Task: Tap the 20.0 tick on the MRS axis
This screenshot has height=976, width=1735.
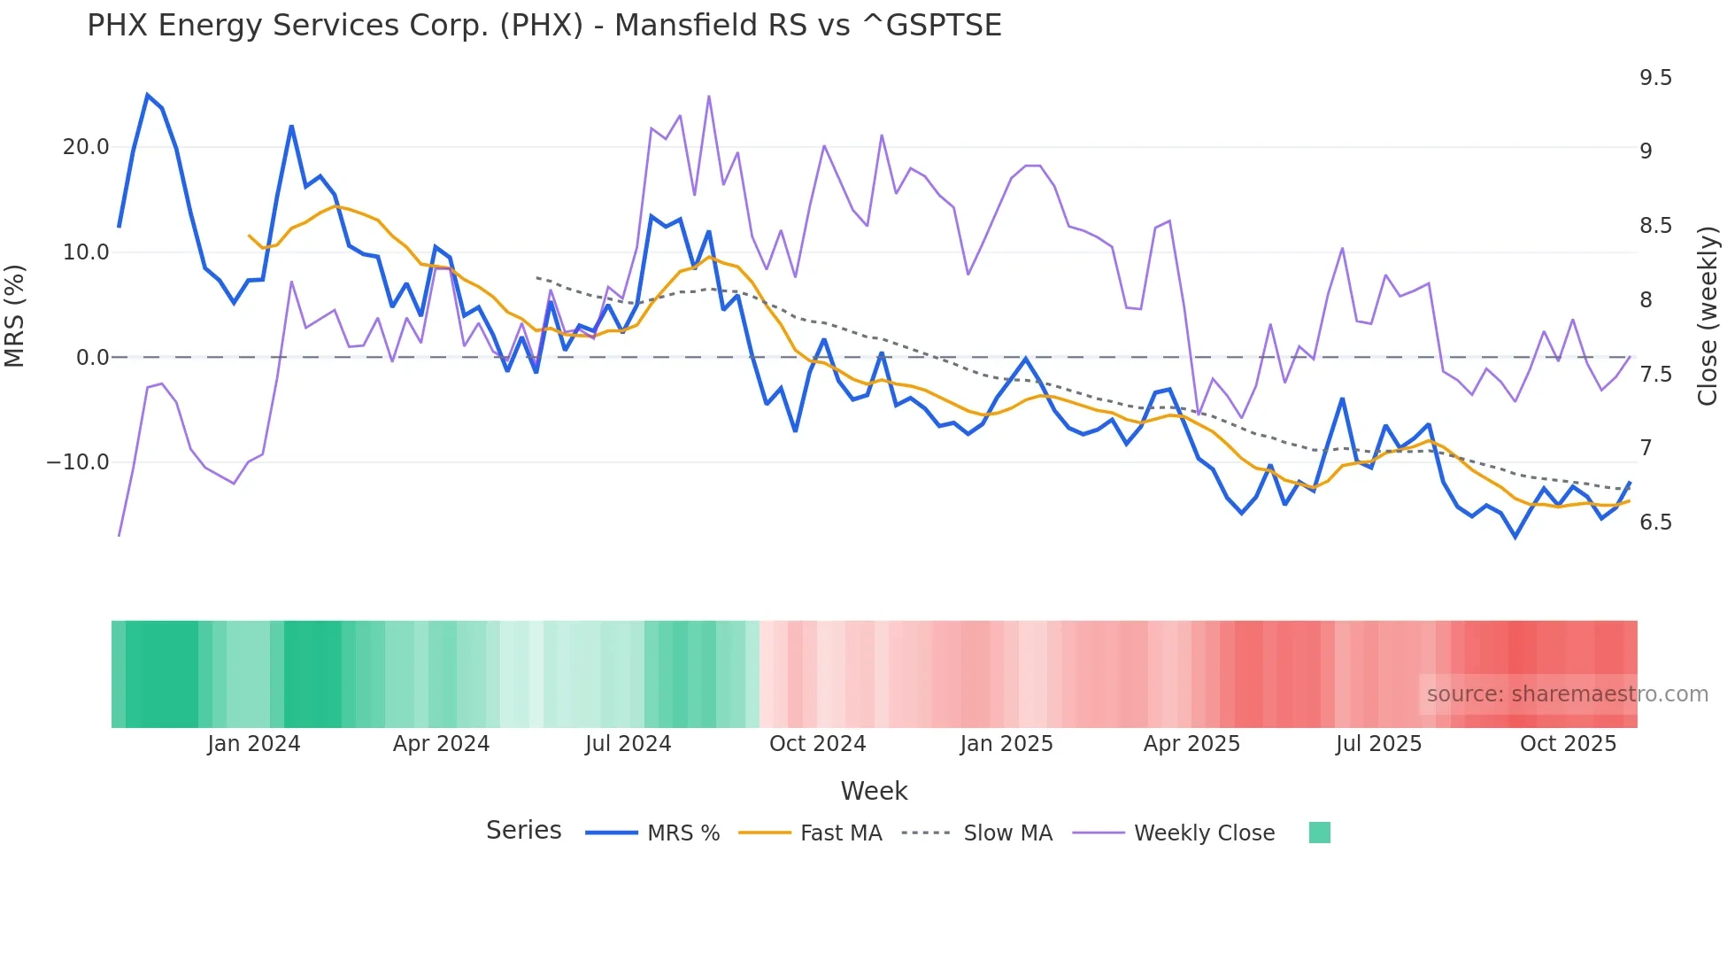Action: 86,147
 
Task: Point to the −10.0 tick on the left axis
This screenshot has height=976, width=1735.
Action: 78,462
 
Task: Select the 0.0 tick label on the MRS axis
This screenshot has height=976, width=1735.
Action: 92,358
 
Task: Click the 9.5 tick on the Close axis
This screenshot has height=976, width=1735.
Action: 1655,78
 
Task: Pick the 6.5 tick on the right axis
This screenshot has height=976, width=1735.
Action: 1655,523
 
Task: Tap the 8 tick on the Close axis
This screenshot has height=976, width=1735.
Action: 1646,300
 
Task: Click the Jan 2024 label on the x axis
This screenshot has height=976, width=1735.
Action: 254,744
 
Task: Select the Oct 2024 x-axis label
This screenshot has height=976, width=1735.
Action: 817,744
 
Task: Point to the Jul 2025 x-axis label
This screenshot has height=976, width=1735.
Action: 1378,744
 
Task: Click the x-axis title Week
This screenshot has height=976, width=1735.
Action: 874,791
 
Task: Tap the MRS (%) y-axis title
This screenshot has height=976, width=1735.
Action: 15,315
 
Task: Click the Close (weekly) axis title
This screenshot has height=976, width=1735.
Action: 1708,315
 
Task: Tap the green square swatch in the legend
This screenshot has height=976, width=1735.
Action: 1319,833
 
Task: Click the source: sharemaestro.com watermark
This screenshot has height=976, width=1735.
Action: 1567,694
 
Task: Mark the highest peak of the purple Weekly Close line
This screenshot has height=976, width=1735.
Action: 709,97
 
